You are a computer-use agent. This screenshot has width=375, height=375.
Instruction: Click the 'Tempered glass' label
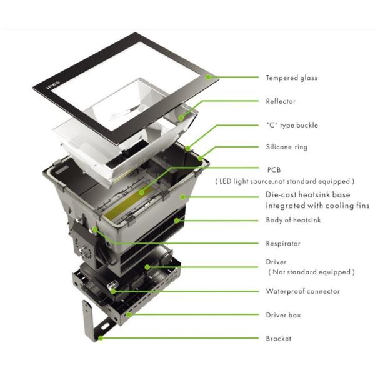click(x=291, y=77)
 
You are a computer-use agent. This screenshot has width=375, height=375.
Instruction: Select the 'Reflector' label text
click(x=281, y=101)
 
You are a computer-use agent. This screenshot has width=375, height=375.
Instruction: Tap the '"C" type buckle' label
click(x=292, y=125)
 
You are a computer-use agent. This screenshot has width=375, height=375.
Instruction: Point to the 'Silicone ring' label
click(x=287, y=147)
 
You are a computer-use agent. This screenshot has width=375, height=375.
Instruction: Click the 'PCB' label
click(x=274, y=170)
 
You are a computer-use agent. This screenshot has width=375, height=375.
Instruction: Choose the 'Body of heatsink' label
click(x=293, y=220)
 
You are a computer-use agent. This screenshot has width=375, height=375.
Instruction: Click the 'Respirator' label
click(x=283, y=244)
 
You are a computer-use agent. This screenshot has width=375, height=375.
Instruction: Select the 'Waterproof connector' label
click(x=302, y=291)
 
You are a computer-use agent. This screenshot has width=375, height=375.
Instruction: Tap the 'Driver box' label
click(x=283, y=315)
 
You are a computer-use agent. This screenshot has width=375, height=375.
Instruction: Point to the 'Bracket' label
click(x=279, y=338)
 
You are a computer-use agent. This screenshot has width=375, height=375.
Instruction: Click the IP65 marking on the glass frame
click(x=53, y=85)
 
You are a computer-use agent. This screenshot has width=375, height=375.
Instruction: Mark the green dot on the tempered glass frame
click(x=208, y=77)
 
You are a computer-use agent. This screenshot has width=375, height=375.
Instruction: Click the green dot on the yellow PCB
click(x=142, y=192)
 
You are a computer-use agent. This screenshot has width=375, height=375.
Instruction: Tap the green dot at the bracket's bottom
click(x=101, y=338)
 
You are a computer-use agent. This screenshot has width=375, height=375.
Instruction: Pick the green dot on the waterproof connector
click(x=113, y=291)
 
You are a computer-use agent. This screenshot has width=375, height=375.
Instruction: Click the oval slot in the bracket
click(x=105, y=326)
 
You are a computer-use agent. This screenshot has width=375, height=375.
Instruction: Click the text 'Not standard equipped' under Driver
click(x=311, y=272)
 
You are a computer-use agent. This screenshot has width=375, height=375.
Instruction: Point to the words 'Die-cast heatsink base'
click(x=308, y=194)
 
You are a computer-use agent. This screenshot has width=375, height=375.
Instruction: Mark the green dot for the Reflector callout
click(x=181, y=117)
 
